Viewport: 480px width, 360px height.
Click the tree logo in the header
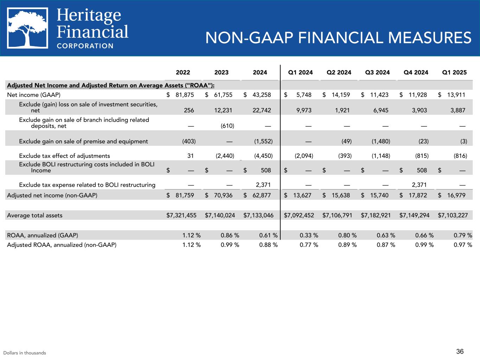[x=28, y=28]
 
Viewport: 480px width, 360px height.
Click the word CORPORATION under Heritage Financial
[x=85, y=46]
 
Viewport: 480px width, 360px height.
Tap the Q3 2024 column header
[x=377, y=72]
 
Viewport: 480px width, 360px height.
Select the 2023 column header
[x=221, y=72]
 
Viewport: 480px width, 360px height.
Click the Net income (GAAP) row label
[x=34, y=95]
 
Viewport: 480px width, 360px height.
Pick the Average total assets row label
[x=35, y=215]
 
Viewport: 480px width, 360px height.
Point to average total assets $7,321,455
[x=181, y=215]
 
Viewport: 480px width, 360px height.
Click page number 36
[x=460, y=351]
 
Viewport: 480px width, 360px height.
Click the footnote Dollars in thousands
[x=25, y=353]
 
